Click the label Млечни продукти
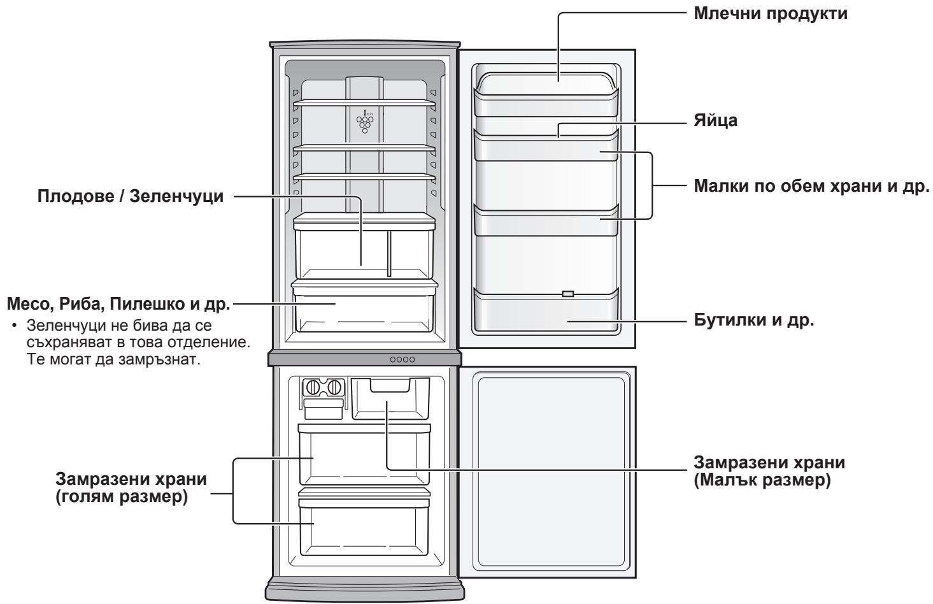pyautogui.click(x=769, y=14)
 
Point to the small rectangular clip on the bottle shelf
pyautogui.click(x=567, y=294)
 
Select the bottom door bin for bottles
pyautogui.click(x=547, y=312)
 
